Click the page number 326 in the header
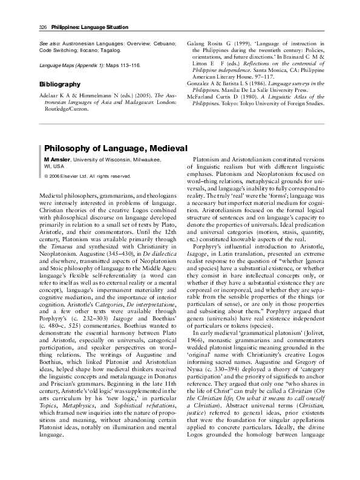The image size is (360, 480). [x=26, y=28]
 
